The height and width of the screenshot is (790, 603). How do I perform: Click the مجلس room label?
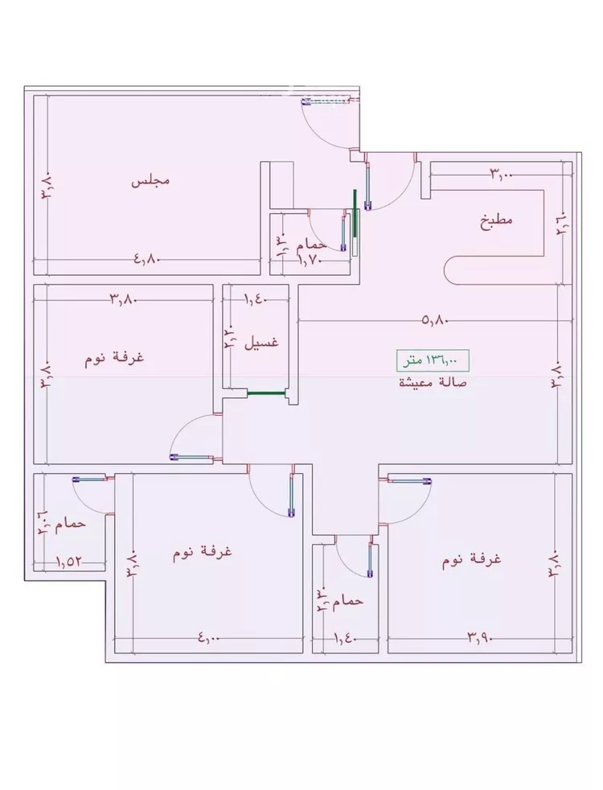(x=150, y=181)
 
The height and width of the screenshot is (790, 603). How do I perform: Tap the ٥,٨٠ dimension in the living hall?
(x=434, y=319)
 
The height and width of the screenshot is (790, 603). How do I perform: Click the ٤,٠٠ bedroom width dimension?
(x=208, y=638)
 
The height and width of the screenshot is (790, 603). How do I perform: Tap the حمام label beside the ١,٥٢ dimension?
(x=76, y=524)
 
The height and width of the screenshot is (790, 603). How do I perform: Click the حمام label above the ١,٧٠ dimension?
(x=311, y=243)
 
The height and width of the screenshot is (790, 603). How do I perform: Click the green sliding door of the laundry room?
(x=266, y=393)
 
